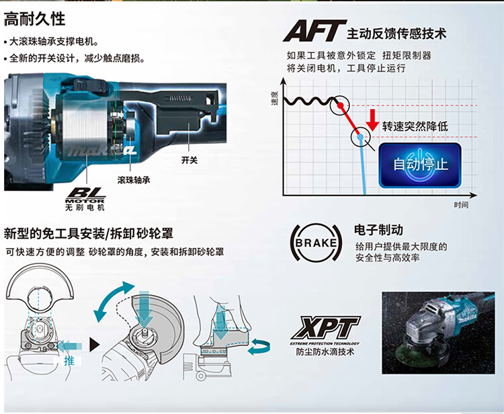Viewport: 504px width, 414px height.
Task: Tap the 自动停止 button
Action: [x=420, y=163]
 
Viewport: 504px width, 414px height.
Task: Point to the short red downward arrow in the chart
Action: [x=372, y=119]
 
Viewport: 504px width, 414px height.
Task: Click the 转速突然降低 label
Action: [x=415, y=126]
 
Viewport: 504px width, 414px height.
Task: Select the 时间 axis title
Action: [x=460, y=204]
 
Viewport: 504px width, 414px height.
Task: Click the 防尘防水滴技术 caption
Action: [x=325, y=351]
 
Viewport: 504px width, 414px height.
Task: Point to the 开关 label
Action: [x=190, y=160]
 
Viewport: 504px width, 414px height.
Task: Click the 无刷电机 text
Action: [x=85, y=208]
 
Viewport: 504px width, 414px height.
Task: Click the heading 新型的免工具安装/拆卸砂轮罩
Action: [x=89, y=234]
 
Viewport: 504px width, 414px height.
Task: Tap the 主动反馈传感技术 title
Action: [x=396, y=33]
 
